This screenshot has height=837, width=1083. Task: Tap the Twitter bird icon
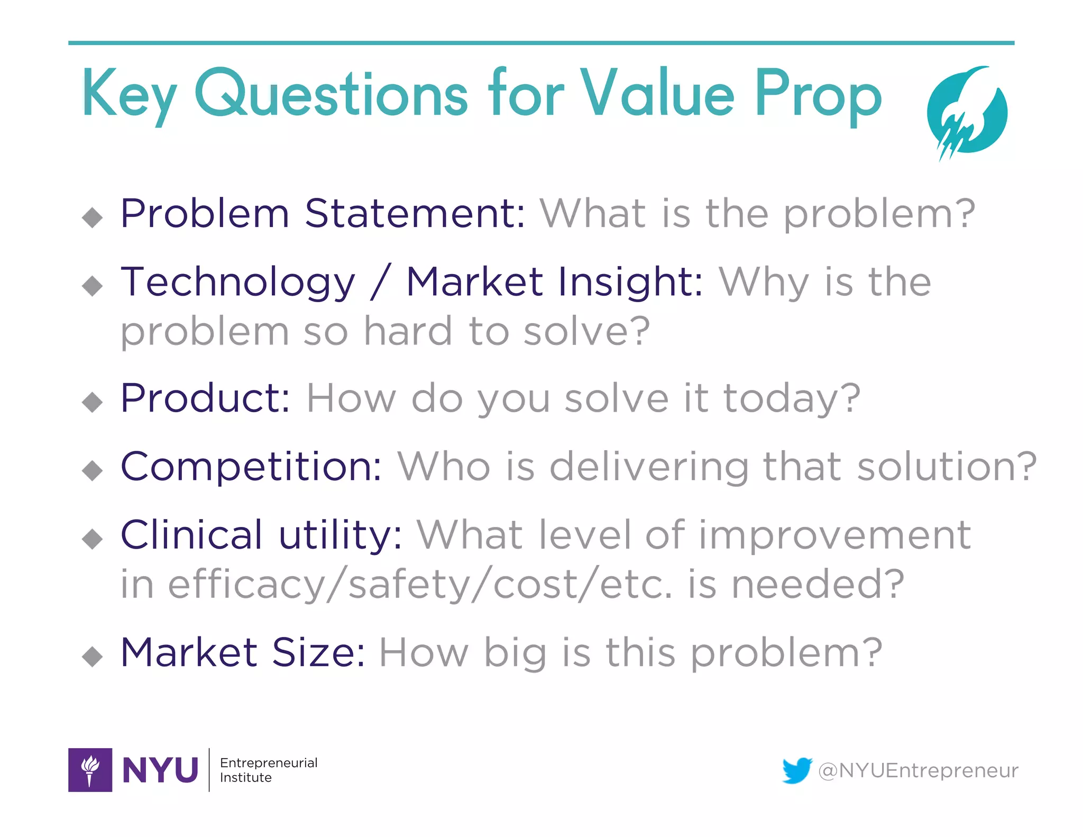797,770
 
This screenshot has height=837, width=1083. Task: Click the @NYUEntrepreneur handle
918,770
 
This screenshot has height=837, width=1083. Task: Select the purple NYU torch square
90,770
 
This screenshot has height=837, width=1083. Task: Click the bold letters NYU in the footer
160,770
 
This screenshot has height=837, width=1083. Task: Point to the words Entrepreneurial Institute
268,770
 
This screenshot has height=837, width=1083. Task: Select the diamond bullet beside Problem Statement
93,217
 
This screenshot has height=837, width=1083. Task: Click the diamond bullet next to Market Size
93,656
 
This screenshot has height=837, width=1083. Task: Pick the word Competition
251,467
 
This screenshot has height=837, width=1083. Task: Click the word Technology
238,283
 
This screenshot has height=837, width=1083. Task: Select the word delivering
649,468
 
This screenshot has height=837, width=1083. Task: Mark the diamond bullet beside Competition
93,470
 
